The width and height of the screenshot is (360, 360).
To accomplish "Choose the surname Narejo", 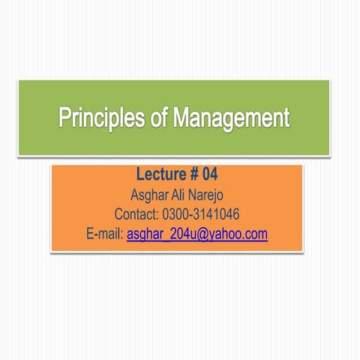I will (209, 197).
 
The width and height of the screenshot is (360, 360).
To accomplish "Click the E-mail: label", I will (105, 235).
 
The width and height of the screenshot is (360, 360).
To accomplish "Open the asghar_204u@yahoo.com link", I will (197, 235).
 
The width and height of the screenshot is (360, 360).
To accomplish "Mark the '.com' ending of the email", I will (255, 235).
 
